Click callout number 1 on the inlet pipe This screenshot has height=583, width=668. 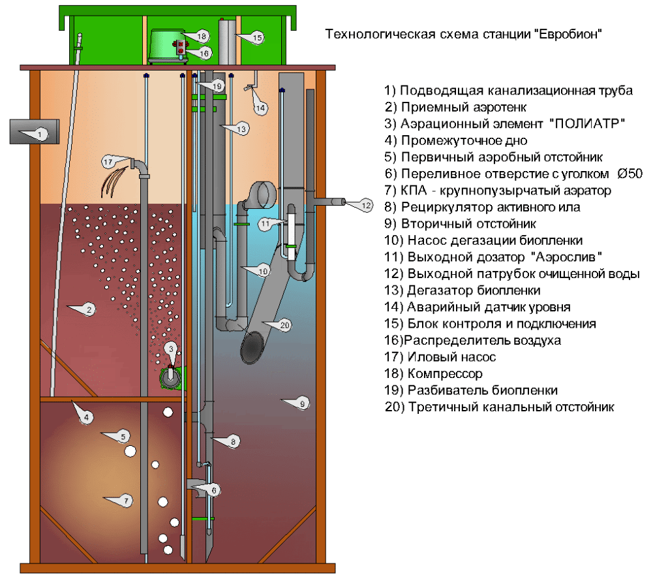pyautogui.click(x=40, y=134)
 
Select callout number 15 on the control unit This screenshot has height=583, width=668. pyautogui.click(x=257, y=39)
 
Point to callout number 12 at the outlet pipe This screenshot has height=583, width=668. pyautogui.click(x=366, y=206)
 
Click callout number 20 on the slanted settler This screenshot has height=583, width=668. pyautogui.click(x=284, y=324)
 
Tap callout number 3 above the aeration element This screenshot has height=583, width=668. pyautogui.click(x=171, y=349)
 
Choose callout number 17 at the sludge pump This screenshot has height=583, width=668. pyautogui.click(x=108, y=161)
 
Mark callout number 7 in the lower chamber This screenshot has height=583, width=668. pyautogui.click(x=127, y=501)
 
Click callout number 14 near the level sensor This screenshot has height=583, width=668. pyautogui.click(x=261, y=107)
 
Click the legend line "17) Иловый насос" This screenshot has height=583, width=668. pyautogui.click(x=440, y=357)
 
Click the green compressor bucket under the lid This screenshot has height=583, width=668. pyautogui.click(x=166, y=46)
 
